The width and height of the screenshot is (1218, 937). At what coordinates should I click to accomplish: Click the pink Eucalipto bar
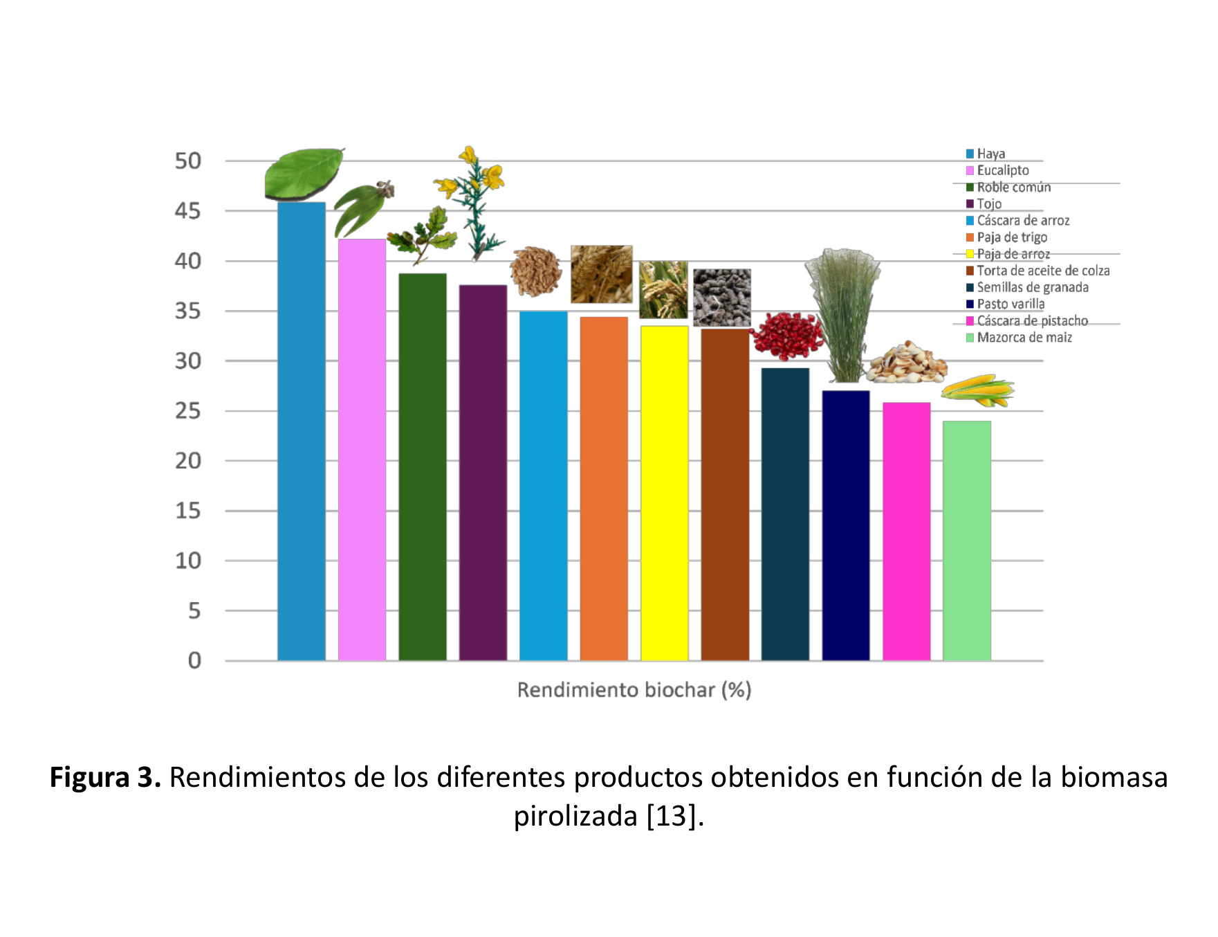pyautogui.click(x=362, y=450)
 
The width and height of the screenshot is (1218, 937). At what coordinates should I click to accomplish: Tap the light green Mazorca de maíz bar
pyautogui.click(x=966, y=540)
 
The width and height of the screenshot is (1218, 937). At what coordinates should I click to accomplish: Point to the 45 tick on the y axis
pyautogui.click(x=187, y=211)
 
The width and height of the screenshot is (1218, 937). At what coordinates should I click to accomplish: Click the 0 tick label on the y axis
pyautogui.click(x=194, y=661)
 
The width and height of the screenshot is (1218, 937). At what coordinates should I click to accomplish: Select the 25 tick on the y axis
pyautogui.click(x=187, y=411)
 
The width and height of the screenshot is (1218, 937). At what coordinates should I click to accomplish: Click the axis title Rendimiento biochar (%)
pyautogui.click(x=634, y=690)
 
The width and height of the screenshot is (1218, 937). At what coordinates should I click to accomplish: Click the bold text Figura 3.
pyautogui.click(x=105, y=777)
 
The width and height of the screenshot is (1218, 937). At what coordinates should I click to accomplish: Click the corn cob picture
pyautogui.click(x=977, y=390)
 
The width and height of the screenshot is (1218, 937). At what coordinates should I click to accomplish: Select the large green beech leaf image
pyautogui.click(x=304, y=173)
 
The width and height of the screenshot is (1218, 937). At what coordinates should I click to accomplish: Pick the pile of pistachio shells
pyautogui.click(x=907, y=363)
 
